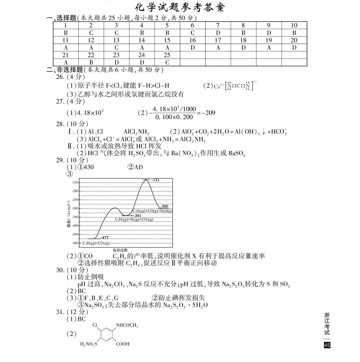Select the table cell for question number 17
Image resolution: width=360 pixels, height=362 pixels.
coord(218,40)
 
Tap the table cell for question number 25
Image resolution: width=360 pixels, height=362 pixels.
coord(167,55)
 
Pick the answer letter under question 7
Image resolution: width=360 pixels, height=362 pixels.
coord(218,33)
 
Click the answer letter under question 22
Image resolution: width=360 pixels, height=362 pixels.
coord(91,63)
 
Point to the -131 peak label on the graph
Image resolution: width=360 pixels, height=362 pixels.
coord(156,180)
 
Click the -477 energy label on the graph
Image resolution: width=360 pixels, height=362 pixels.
coord(105,237)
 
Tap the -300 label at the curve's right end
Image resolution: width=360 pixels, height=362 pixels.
coord(164,206)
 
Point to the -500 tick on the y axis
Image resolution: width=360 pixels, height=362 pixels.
coord(74,243)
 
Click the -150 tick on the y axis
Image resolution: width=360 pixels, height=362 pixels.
coord(74,182)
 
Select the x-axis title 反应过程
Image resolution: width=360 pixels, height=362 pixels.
coord(120,250)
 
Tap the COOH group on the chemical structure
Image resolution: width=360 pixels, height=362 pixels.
coord(122,344)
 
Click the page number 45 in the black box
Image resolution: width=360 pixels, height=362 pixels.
coord(327,345)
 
